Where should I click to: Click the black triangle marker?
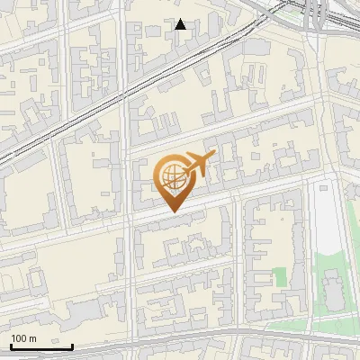click(181, 24)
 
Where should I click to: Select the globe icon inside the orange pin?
click(171, 175)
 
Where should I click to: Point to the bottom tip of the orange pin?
click(172, 212)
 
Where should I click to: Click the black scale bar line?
click(41, 346)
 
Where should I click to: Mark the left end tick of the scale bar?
click(11, 345)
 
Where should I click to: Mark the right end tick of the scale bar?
click(72, 345)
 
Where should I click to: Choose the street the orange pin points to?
click(172, 215)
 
